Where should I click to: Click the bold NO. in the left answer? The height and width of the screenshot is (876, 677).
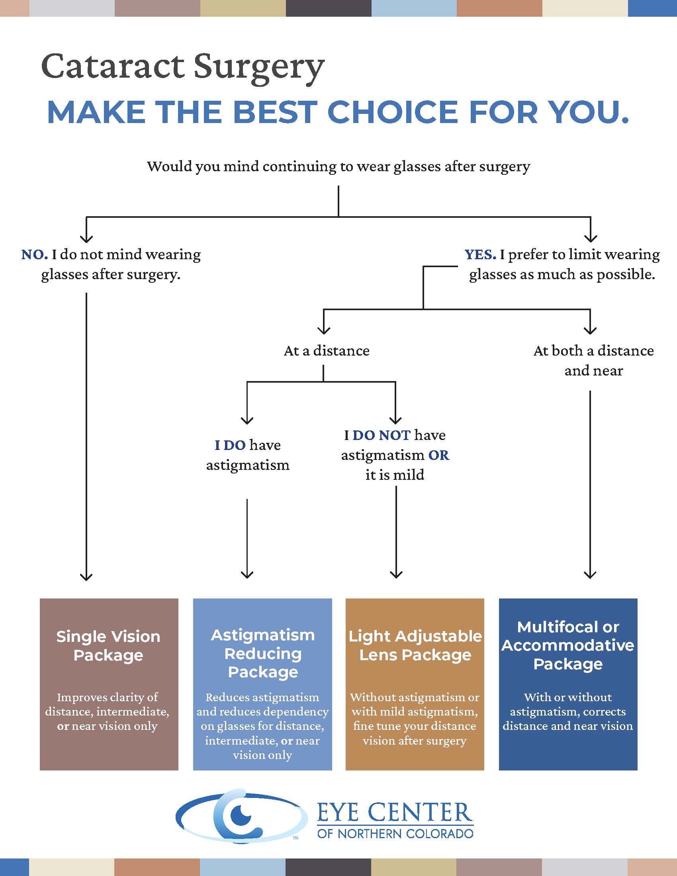35,254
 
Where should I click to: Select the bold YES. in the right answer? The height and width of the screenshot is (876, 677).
480,254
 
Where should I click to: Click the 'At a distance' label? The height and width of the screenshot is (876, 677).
327,351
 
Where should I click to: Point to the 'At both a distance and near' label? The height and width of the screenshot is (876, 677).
594,361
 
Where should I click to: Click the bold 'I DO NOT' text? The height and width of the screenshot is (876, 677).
377,435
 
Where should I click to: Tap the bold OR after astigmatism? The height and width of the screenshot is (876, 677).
439,455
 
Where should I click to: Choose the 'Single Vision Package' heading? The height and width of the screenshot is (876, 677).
108,646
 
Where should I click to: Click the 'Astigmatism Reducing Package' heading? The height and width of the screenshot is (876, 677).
263,653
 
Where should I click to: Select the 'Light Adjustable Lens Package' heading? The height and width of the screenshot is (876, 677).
415,645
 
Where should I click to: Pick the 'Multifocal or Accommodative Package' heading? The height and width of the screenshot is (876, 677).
568,645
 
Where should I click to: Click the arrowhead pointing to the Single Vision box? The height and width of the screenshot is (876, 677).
86,577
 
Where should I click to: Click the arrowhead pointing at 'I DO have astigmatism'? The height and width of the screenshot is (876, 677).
247,420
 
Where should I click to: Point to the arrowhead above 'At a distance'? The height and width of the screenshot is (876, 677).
324,330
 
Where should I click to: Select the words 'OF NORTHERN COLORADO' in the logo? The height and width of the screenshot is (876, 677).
395,834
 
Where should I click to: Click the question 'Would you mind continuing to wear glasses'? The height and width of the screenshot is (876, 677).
338,166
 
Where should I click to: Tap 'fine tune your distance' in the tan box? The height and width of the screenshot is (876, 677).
414,726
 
